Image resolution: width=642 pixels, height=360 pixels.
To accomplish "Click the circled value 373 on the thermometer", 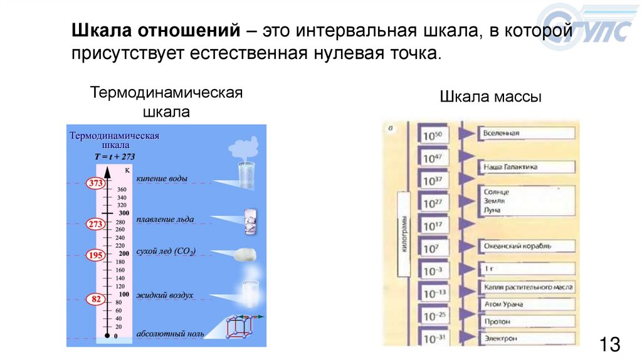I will pos(95,183).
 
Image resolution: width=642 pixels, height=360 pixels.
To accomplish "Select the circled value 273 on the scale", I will pos(95,223).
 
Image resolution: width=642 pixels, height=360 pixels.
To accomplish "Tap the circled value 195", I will pos(95,255).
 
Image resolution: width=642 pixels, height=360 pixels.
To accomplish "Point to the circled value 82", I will pos(95,299).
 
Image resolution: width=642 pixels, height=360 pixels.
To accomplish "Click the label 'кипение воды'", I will pos(162,179).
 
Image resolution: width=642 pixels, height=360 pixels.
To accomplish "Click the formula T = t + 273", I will pos(114,157).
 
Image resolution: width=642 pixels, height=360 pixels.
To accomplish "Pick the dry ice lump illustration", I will pos(244,253).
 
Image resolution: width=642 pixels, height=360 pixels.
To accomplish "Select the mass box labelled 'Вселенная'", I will pos(527,134).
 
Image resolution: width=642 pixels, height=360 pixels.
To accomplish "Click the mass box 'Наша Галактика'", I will pos(527,167).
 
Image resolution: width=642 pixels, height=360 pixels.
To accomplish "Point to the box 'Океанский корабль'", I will pos(527,246).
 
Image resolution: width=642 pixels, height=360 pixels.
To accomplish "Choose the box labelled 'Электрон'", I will pos(527,339).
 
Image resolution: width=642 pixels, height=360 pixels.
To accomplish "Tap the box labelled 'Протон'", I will pos(527,321).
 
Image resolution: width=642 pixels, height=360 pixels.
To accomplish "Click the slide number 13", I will pos(609,344).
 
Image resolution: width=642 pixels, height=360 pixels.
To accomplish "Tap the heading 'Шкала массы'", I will pos(490,97).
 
